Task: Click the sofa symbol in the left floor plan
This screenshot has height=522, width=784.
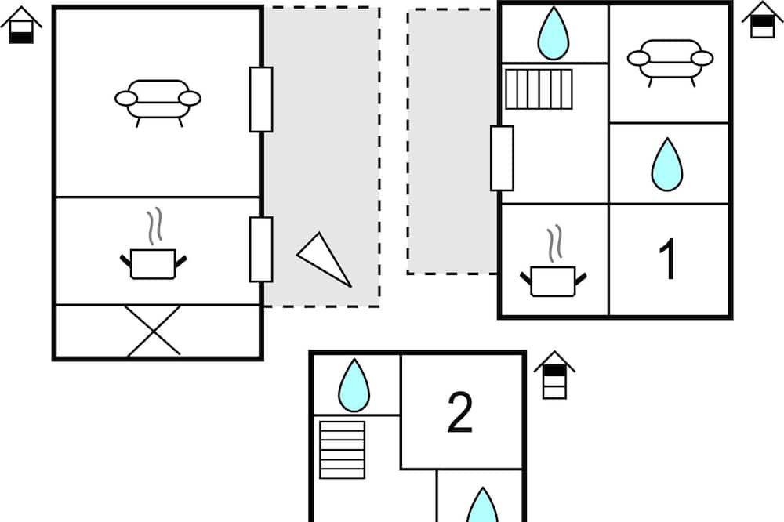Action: pyautogui.click(x=158, y=100)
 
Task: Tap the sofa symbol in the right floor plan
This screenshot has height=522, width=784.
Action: pyautogui.click(x=670, y=60)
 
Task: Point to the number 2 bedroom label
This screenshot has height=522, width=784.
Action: pyautogui.click(x=459, y=412)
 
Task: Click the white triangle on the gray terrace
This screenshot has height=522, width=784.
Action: pyautogui.click(x=324, y=259)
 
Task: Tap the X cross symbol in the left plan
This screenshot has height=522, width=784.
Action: pyautogui.click(x=153, y=331)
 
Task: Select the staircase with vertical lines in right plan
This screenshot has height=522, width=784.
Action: pyautogui.click(x=539, y=89)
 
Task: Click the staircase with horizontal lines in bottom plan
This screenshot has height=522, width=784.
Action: pyautogui.click(x=342, y=450)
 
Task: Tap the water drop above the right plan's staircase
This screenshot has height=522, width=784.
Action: pyautogui.click(x=553, y=33)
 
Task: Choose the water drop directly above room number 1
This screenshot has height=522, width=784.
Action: pyautogui.click(x=667, y=165)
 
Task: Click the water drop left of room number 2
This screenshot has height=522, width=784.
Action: pyautogui.click(x=354, y=385)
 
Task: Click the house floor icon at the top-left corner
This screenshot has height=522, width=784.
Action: pyautogui.click(x=21, y=25)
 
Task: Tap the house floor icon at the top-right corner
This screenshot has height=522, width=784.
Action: pyautogui.click(x=763, y=20)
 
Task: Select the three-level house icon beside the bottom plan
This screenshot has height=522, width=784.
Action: pyautogui.click(x=554, y=375)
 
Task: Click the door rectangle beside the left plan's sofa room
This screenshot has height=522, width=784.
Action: pyautogui.click(x=261, y=100)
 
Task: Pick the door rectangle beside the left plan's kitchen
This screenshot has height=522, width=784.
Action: pyautogui.click(x=261, y=249)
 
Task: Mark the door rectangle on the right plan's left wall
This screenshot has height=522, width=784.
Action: pyautogui.click(x=502, y=158)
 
